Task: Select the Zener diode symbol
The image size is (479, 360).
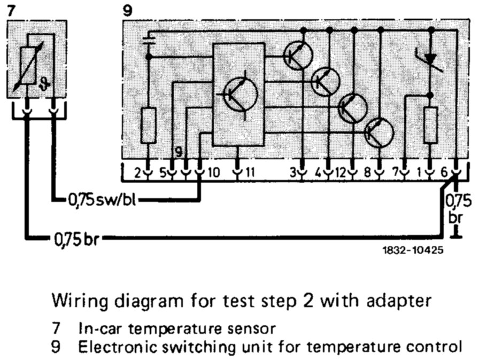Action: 430,57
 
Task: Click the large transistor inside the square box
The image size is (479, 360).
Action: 239,93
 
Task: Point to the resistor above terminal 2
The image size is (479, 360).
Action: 150,125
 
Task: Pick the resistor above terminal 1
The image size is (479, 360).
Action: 430,125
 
